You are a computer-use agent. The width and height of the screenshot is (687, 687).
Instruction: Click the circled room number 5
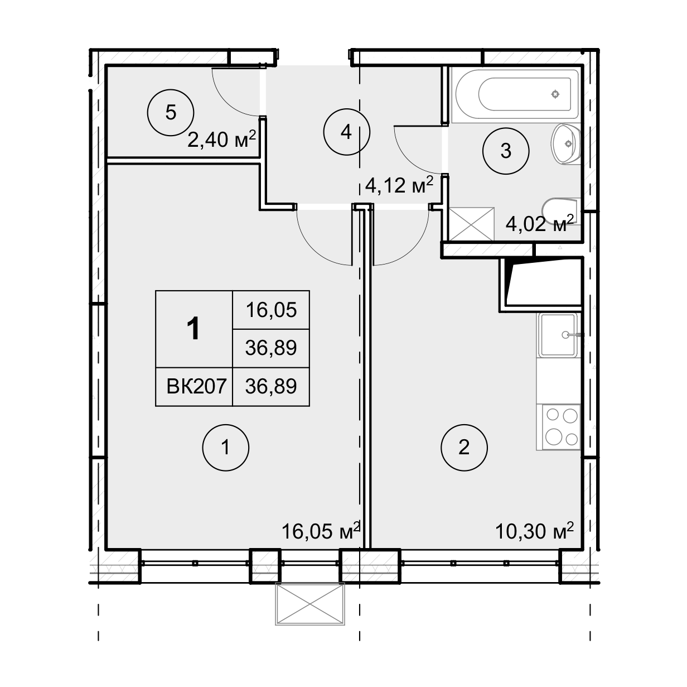(x=171, y=112)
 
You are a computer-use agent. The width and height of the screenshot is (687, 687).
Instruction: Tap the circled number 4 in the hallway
(x=346, y=132)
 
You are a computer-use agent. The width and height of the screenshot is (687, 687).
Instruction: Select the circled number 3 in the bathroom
(x=506, y=151)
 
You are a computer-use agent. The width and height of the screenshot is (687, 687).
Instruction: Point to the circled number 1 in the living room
(x=225, y=448)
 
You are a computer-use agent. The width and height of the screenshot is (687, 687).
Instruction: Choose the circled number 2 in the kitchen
(x=464, y=448)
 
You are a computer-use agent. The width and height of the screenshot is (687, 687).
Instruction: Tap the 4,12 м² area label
(x=399, y=185)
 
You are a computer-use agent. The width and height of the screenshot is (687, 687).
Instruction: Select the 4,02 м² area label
(x=540, y=224)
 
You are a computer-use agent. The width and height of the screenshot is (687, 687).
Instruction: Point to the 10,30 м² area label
(x=534, y=531)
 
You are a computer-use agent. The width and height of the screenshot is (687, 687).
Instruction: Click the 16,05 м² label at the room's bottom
(x=321, y=531)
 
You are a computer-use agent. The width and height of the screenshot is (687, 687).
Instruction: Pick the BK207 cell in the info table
(x=196, y=386)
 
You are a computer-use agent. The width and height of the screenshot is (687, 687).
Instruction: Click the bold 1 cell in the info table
(x=193, y=329)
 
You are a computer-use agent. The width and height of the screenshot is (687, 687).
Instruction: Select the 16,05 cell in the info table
(x=271, y=310)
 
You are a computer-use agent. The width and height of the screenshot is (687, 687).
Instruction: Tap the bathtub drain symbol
(x=555, y=94)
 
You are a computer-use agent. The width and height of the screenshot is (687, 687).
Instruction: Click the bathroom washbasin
(x=566, y=144)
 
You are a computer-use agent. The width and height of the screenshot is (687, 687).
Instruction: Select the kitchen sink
(x=559, y=335)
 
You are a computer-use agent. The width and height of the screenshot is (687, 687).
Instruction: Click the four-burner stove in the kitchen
(x=562, y=427)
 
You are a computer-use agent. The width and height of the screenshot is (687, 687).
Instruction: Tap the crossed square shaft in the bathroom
(x=471, y=224)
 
